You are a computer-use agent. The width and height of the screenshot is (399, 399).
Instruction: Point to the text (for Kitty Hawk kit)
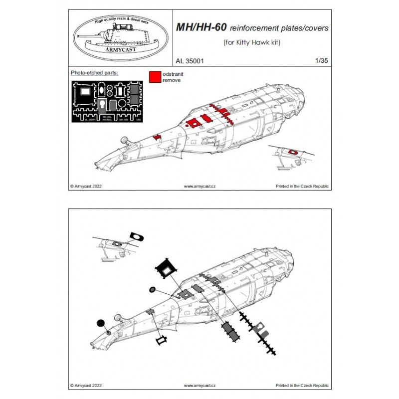point(251,43)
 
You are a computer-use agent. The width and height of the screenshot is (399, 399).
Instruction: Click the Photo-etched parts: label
point(94,73)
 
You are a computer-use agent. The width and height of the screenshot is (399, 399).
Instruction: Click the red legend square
point(155,76)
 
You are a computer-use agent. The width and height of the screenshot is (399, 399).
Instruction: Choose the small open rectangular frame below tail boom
point(162,341)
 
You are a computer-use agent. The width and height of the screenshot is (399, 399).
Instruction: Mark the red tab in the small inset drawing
point(293,151)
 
